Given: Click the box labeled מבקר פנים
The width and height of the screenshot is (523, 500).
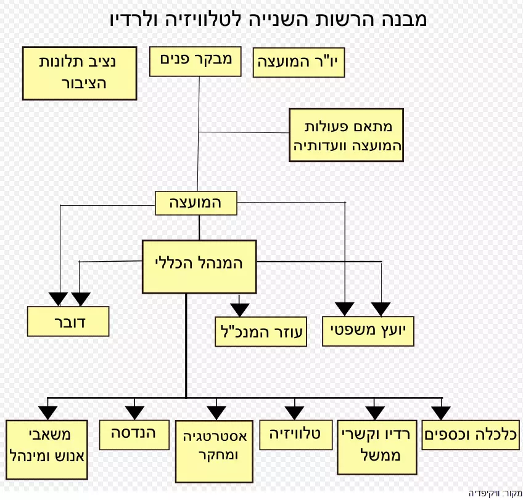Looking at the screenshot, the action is pos(195,62).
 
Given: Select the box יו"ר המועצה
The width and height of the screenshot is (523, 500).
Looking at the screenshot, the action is pos(299,63).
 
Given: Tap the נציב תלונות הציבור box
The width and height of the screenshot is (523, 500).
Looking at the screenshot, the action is pos(80,73).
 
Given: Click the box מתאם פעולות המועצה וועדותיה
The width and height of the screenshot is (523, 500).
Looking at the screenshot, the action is pos(346,135).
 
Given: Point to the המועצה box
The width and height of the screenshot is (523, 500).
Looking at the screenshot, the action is pos(196,203).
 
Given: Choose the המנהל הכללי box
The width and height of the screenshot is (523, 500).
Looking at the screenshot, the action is pos(199,267).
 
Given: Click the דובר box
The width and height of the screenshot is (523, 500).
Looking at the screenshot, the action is pos(68,321).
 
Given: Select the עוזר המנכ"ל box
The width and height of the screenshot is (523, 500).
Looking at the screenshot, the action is pos(261,332).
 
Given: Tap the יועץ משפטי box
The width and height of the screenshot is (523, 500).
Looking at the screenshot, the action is pos(368,331).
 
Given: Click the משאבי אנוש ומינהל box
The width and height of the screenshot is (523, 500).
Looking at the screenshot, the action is pos(47,450).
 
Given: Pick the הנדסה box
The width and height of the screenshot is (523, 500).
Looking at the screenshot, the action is pos(134,435).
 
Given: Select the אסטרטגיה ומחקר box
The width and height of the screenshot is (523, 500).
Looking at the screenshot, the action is pos(214,451).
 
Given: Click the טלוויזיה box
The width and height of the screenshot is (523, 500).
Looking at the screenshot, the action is pos(296,435).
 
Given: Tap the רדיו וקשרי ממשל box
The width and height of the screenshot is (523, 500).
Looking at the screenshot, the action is pos(377,448).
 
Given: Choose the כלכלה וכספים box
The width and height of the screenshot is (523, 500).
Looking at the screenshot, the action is pos(471,435).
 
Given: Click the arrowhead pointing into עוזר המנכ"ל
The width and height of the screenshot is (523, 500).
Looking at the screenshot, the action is pos(239,310).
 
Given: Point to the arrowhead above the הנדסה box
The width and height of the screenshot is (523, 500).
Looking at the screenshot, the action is pos(134,413).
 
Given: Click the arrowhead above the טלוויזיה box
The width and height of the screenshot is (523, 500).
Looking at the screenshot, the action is pos(295,413).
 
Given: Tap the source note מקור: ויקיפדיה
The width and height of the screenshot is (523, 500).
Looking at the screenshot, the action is pos(495,493).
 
